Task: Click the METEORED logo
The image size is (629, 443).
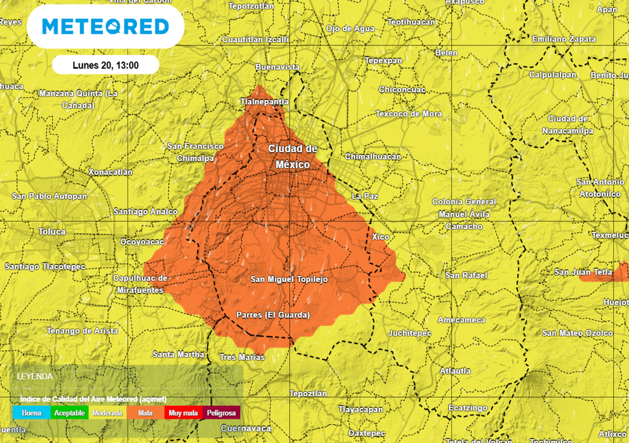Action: pyautogui.click(x=106, y=26)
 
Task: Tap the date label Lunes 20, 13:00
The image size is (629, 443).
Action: pyautogui.click(x=106, y=65)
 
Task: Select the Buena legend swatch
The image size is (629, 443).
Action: pyautogui.click(x=31, y=413)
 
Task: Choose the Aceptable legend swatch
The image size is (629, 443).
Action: pyautogui.click(x=69, y=413)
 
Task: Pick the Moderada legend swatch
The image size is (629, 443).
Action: pyautogui.click(x=107, y=413)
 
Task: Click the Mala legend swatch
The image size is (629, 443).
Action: pyautogui.click(x=146, y=413)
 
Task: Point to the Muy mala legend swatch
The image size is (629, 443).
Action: pyautogui.click(x=184, y=413)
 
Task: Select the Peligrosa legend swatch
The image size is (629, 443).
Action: pyautogui.click(x=221, y=413)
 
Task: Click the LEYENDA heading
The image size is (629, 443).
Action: pyautogui.click(x=34, y=376)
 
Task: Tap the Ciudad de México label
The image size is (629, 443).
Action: pyautogui.click(x=292, y=157)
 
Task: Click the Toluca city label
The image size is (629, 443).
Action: pyautogui.click(x=52, y=232)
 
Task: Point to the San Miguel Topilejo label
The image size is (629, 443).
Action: pyautogui.click(x=289, y=279)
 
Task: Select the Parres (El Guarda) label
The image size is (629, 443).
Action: pyautogui.click(x=273, y=316)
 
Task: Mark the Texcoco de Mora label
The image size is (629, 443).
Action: pyautogui.click(x=408, y=114)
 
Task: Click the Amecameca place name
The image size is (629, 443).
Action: pyautogui.click(x=461, y=320)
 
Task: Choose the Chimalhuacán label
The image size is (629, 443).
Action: pyautogui.click(x=373, y=156)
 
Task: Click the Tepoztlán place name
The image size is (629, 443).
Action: pyautogui.click(x=308, y=393)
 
